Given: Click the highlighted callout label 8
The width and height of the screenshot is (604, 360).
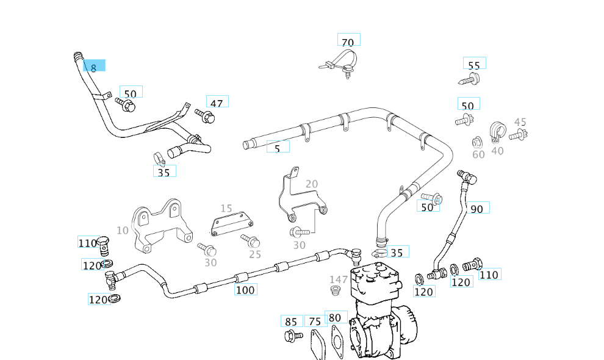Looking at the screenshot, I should pos(94,66).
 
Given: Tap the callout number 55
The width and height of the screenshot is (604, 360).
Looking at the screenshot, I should pos(474,64).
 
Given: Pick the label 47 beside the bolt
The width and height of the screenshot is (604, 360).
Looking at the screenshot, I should pos(217,101).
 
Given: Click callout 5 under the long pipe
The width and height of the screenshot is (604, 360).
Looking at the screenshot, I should pos(278,147).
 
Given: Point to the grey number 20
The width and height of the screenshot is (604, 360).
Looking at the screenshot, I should pos(312,184).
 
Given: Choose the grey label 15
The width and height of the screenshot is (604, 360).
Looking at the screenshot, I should pos(226,208).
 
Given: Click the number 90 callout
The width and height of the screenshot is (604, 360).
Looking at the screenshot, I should pos(477,208).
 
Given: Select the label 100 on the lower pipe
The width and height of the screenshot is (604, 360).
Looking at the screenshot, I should pos(245,289).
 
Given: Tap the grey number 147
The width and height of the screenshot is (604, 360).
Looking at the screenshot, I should pos(339,279).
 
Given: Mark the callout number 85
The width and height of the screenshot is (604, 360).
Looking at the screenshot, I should pos(291,321).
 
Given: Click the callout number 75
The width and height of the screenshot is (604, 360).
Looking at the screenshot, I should pos(315,321).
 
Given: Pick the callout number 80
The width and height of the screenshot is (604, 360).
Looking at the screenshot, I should pos(335,317).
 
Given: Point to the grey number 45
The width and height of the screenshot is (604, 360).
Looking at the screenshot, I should pos(520,123).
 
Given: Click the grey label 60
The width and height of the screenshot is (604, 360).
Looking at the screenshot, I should pos(478,154).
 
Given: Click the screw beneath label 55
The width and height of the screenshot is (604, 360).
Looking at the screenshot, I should pos(470,79).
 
